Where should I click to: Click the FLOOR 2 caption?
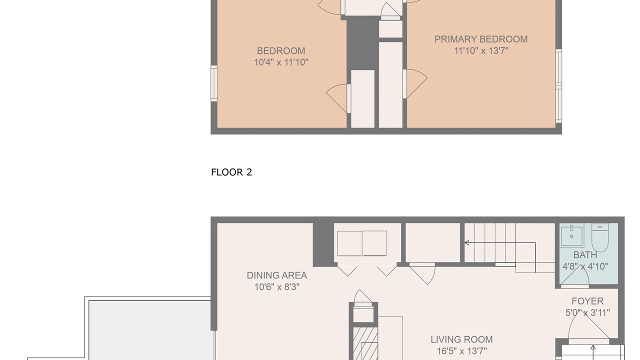click(231, 172)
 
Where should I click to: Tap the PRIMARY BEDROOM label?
click(481, 39)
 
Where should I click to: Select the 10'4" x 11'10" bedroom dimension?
click(281, 62)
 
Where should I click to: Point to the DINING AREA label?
click(277, 275)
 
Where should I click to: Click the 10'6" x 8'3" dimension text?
click(277, 287)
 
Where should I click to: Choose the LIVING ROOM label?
click(461, 339)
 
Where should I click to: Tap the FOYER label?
click(587, 301)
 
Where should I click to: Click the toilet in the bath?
click(599, 237)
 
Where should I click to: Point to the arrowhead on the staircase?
click(466, 243)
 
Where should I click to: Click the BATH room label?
click(585, 255)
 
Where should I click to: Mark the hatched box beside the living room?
click(365, 343)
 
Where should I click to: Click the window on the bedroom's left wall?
click(213, 83)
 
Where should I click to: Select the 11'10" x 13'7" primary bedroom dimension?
click(481, 51)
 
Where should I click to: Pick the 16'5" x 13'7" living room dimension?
click(461, 351)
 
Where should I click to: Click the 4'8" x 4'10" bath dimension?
click(585, 266)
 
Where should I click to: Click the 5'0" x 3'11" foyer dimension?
click(587, 313)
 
